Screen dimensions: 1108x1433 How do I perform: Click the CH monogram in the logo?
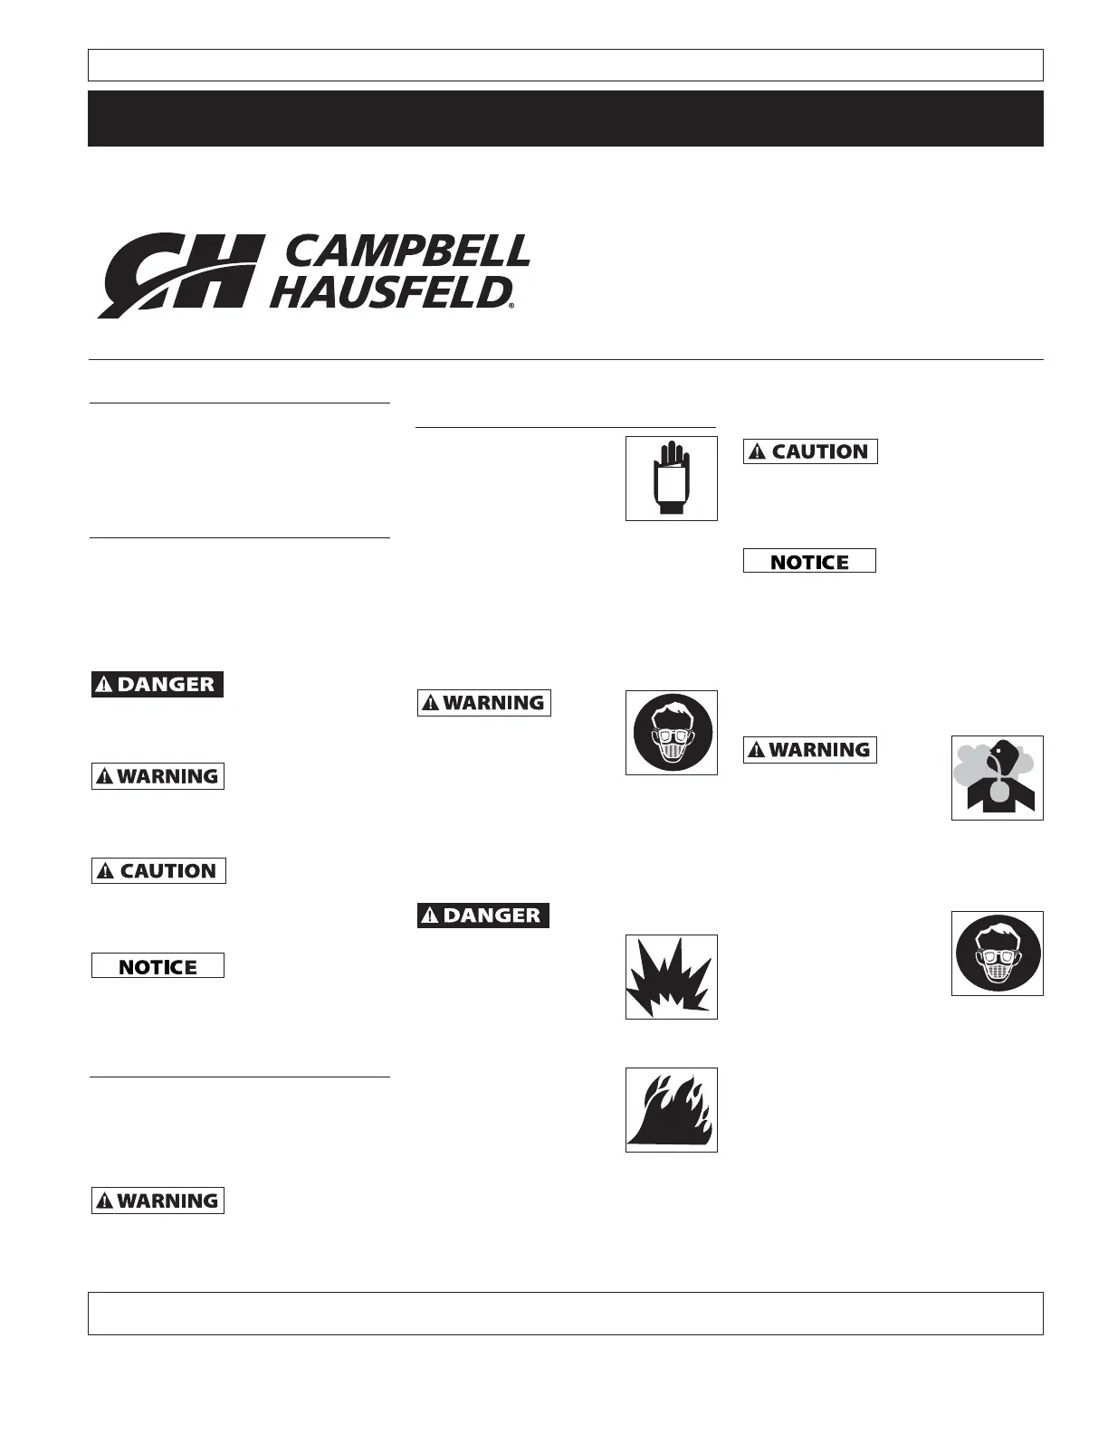point(181,275)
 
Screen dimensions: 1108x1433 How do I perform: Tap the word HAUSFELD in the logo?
point(389,292)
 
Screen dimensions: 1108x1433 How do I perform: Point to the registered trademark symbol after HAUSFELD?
point(511,307)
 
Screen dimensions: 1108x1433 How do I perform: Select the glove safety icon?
point(671,479)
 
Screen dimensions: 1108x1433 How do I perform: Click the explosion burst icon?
point(671,977)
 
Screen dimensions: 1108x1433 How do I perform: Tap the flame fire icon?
point(671,1110)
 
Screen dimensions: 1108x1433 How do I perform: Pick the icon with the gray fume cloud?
point(997,778)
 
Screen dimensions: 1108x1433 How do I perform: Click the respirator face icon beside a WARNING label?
point(671,733)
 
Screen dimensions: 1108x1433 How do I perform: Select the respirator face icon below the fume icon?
point(997,954)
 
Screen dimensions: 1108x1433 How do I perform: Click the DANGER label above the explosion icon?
point(482,916)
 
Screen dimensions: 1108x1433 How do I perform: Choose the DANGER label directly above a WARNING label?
point(157,685)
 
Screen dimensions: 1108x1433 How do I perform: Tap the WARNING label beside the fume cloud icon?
point(809,750)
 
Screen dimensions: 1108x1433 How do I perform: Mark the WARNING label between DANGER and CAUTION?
point(158,776)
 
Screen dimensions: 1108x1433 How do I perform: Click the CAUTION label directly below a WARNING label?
point(158,871)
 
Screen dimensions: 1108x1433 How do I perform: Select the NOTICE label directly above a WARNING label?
point(809,562)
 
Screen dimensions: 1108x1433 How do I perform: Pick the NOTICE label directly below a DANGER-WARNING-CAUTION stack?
point(158,966)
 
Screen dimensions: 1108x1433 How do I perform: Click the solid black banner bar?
point(565,119)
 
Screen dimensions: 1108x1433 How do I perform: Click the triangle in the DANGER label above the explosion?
point(430,916)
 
